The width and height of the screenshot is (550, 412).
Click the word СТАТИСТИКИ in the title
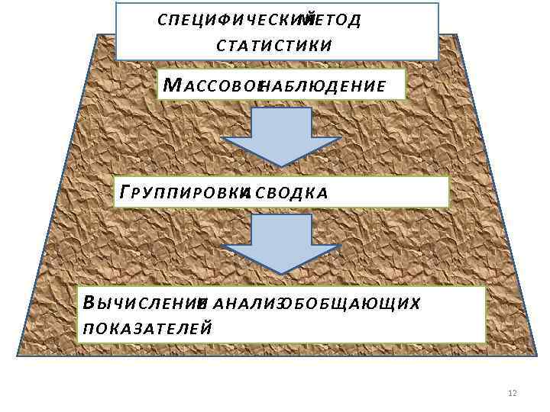coord(274,43)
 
